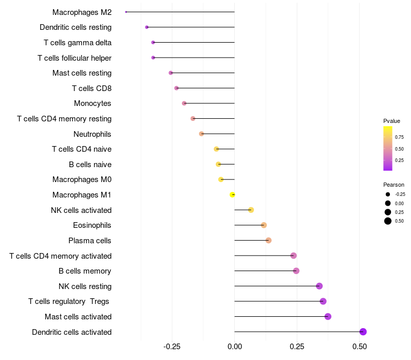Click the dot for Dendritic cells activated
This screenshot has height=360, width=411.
(x=363, y=332)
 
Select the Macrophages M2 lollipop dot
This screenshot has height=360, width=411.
(x=126, y=12)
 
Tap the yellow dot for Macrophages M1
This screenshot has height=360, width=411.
(x=232, y=195)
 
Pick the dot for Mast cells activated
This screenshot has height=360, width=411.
(x=328, y=316)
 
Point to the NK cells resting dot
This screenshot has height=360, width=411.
(x=319, y=286)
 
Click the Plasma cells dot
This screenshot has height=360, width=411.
(x=269, y=240)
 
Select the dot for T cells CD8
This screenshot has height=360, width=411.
(x=177, y=88)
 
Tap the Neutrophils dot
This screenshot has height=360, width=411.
(x=201, y=134)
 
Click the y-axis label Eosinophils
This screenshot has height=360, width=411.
(x=92, y=225)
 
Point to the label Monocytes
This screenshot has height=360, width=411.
(x=92, y=103)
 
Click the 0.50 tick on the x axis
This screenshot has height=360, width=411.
(x=360, y=347)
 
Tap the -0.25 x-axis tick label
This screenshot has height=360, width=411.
(x=172, y=347)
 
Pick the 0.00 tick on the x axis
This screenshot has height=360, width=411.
(x=235, y=347)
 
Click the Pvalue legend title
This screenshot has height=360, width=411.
(x=391, y=121)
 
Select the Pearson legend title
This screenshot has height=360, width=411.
(x=394, y=185)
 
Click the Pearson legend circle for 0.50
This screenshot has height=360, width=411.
(x=387, y=221)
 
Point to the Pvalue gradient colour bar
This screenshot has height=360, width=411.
(x=388, y=148)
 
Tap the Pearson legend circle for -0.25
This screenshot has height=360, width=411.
(x=387, y=194)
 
